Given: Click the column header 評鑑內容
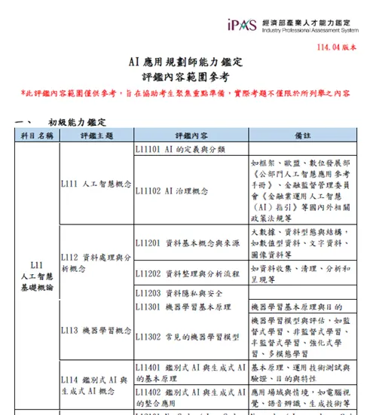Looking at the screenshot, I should (x=190, y=136).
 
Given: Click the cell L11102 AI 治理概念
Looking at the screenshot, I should (x=171, y=191).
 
